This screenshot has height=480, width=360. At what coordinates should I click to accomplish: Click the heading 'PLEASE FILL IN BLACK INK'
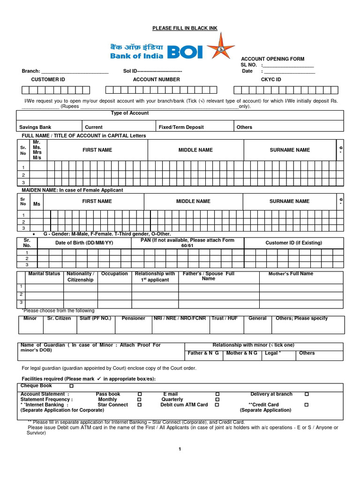(185, 29)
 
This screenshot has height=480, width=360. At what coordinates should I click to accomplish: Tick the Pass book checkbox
(140, 394)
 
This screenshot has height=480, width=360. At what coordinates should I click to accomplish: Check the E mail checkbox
(217, 394)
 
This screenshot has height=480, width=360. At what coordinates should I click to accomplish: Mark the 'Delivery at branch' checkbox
(307, 394)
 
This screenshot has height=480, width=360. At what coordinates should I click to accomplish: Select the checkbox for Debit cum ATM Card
(217, 405)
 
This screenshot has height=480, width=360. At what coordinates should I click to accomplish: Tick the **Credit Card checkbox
(307, 405)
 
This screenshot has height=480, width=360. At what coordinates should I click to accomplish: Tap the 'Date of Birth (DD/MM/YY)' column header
(84, 243)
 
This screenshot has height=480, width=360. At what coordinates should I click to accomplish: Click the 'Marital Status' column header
(44, 274)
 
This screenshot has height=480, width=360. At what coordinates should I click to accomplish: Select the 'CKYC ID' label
(271, 80)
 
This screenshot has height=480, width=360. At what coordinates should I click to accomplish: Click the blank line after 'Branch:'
(75, 71)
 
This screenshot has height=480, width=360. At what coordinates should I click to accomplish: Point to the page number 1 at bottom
(180, 449)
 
